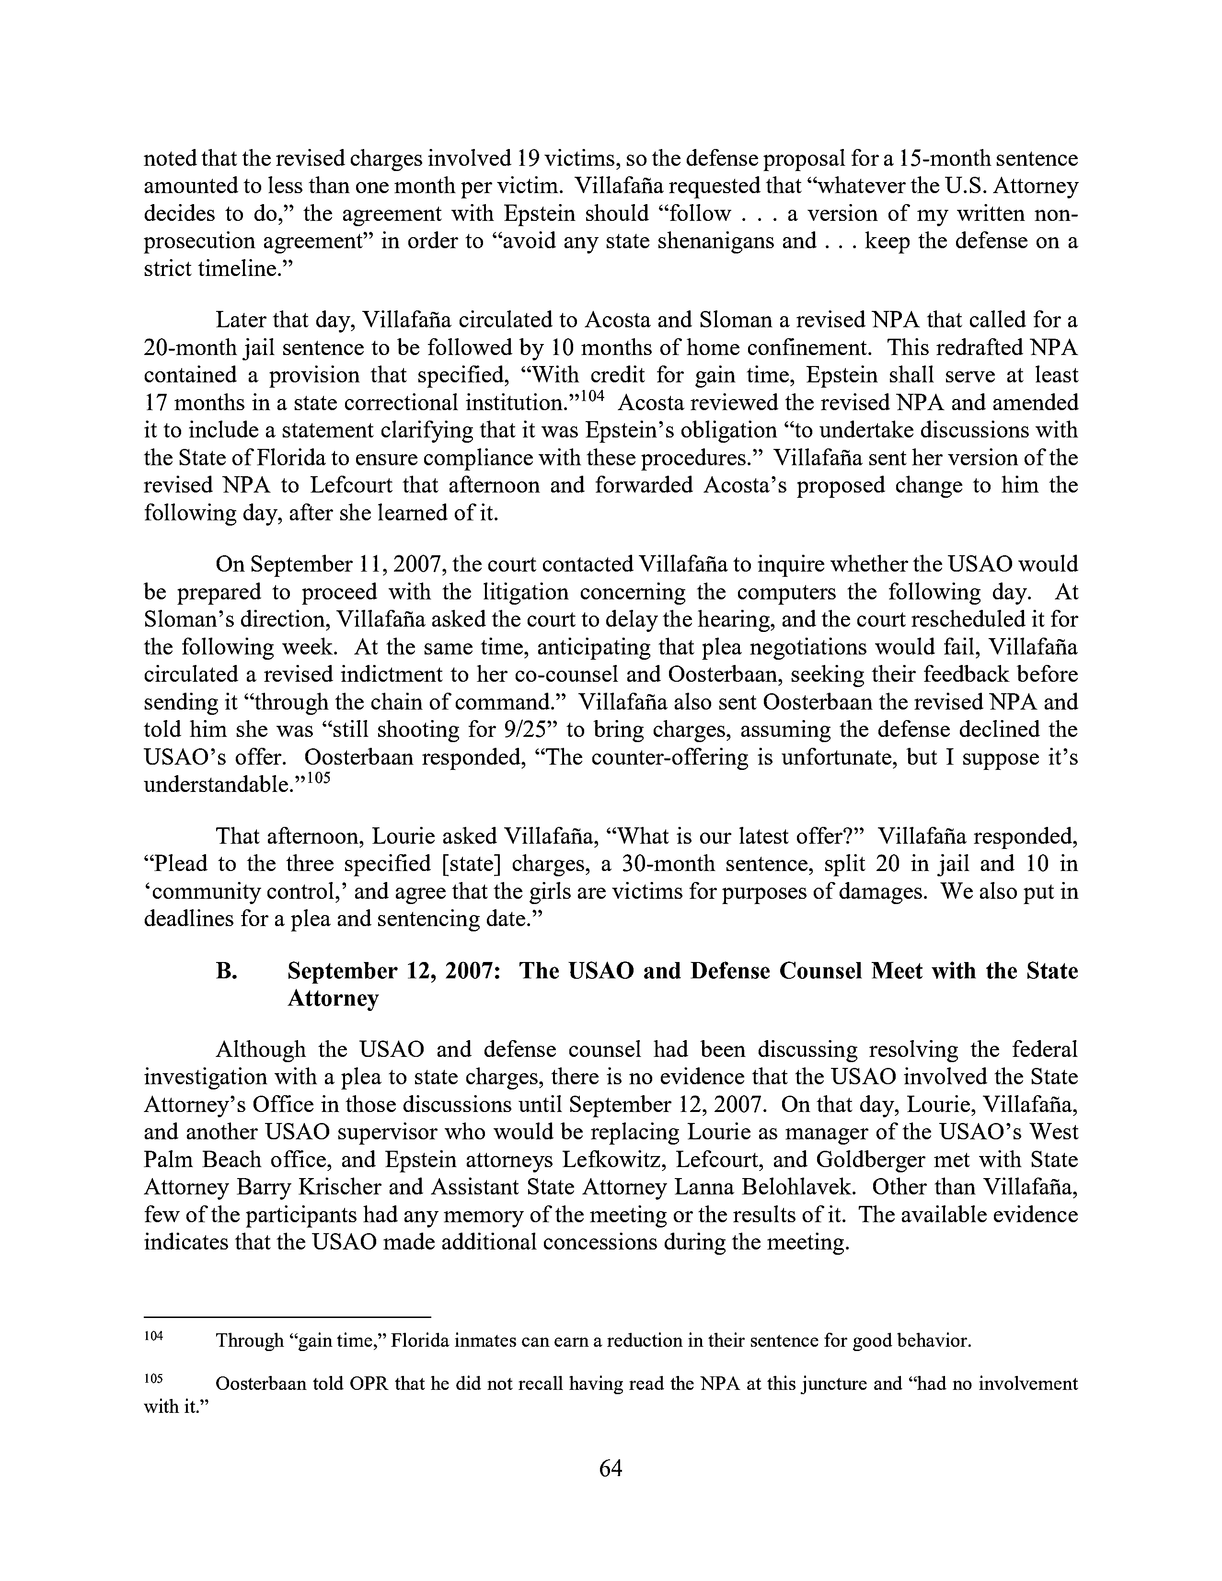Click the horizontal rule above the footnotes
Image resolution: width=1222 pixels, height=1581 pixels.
coord(288,1316)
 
